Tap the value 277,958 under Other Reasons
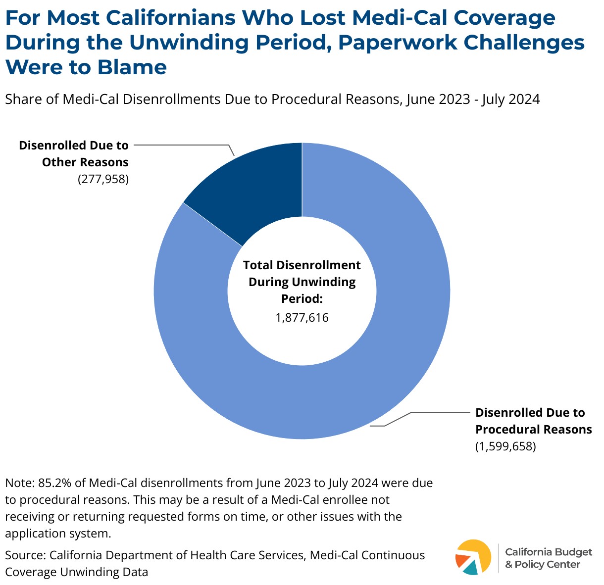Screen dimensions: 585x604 (x=103, y=179)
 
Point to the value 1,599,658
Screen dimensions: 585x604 (x=505, y=446)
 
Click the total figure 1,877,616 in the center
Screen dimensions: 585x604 (x=302, y=317)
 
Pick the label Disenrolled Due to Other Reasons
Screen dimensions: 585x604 (x=74, y=154)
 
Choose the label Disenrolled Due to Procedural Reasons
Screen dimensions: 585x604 (x=533, y=421)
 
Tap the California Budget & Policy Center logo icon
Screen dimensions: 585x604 (x=473, y=557)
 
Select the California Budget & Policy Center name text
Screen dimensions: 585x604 (x=548, y=558)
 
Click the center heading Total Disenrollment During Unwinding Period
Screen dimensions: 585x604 (x=302, y=282)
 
